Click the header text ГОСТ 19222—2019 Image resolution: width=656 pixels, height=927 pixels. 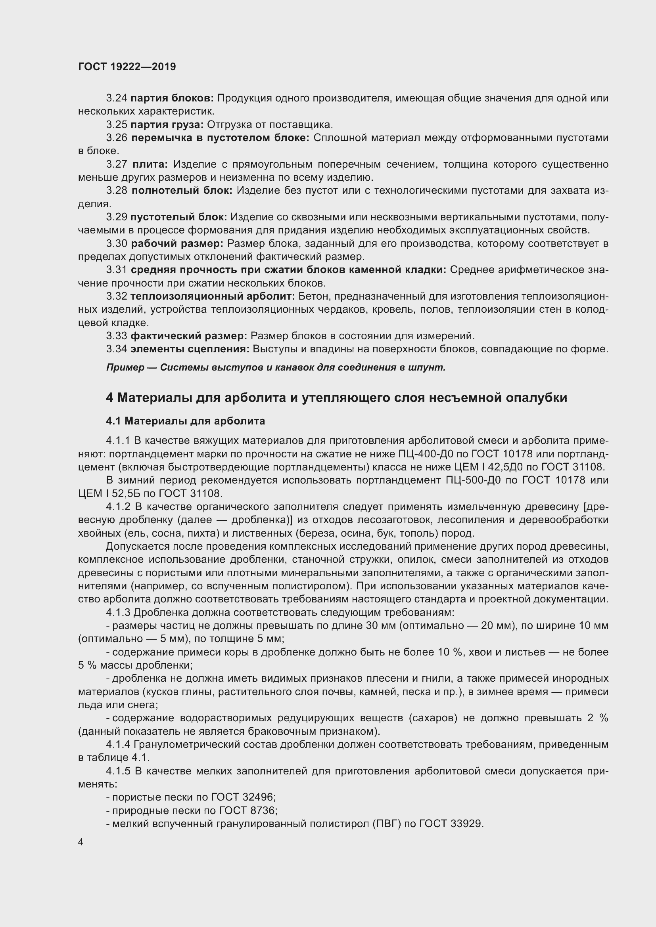[x=127, y=67]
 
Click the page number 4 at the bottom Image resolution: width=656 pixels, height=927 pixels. [x=81, y=842]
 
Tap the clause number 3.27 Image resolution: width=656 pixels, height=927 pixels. [x=117, y=164]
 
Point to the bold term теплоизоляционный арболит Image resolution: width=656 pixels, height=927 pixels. [x=213, y=296]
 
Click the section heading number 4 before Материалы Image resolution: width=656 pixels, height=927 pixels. [x=110, y=398]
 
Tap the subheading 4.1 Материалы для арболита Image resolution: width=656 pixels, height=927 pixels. [x=185, y=421]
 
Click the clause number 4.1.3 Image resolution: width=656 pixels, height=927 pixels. [x=118, y=613]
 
